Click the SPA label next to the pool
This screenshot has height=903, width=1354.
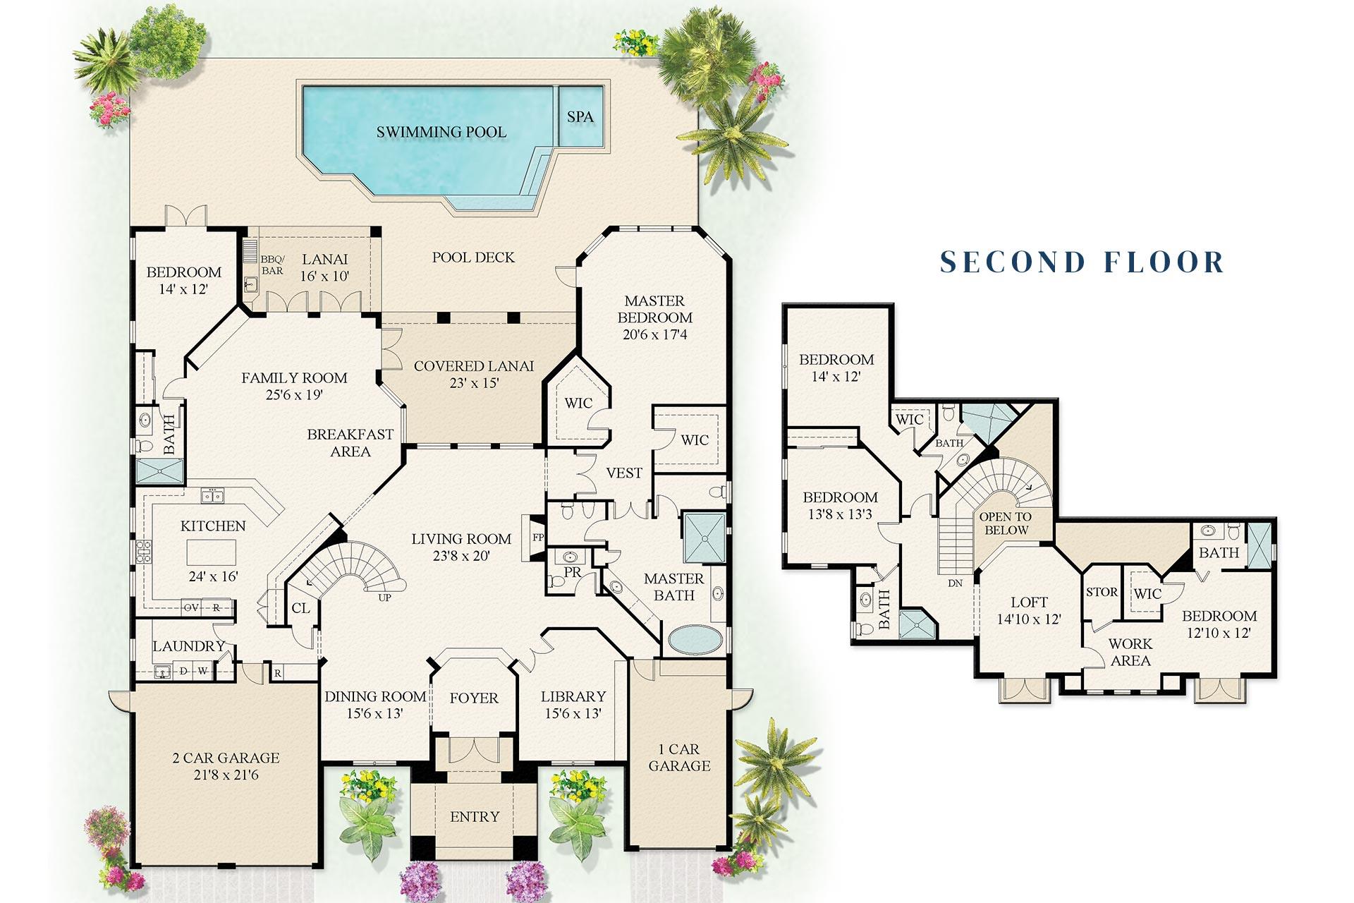580,117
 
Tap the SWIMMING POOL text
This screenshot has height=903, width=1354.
441,132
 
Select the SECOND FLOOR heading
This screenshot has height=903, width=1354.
1082,262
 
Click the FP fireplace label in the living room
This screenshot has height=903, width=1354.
538,538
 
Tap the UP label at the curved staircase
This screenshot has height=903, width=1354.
384,598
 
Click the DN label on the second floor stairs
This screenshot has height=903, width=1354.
955,583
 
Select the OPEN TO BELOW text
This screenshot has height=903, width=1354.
1006,523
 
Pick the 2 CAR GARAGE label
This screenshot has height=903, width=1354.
226,758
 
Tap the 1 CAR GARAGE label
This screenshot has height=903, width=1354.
679,758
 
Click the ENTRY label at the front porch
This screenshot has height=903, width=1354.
475,817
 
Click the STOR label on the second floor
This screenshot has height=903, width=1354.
1102,592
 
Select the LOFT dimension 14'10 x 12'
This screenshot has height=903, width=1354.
1029,619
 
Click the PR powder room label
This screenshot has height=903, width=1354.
573,572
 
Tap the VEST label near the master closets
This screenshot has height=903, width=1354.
624,473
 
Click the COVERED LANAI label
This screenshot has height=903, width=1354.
473,366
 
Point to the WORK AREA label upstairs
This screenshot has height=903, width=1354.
1130,652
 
